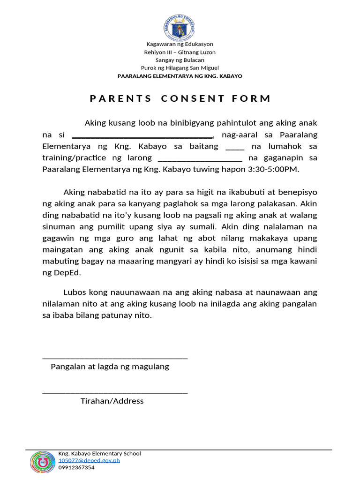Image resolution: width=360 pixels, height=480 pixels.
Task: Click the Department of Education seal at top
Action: tap(180, 27)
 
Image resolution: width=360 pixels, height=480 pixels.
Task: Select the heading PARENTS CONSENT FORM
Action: tap(180, 98)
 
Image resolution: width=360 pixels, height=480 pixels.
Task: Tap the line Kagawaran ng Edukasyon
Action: tap(180, 45)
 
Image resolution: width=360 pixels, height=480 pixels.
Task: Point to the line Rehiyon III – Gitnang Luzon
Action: tap(180, 52)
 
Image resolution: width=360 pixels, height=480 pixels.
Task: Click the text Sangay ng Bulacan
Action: tap(180, 60)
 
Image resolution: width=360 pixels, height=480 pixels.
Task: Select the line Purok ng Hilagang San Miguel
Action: tap(180, 68)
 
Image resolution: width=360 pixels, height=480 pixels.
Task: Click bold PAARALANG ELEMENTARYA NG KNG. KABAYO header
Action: tap(180, 76)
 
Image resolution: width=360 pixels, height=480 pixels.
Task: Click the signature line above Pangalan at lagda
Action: tap(115, 358)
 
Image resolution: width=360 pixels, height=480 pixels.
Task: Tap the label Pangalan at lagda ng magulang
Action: tap(110, 367)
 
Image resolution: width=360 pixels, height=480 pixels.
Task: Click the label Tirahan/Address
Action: tap(112, 401)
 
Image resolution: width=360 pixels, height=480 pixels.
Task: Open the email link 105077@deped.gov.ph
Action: tap(89, 460)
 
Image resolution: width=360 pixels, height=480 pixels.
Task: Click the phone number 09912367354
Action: tap(76, 467)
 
